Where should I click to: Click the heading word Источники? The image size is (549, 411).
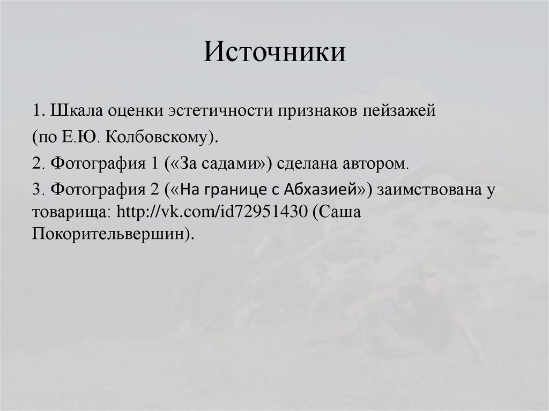[274, 53]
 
